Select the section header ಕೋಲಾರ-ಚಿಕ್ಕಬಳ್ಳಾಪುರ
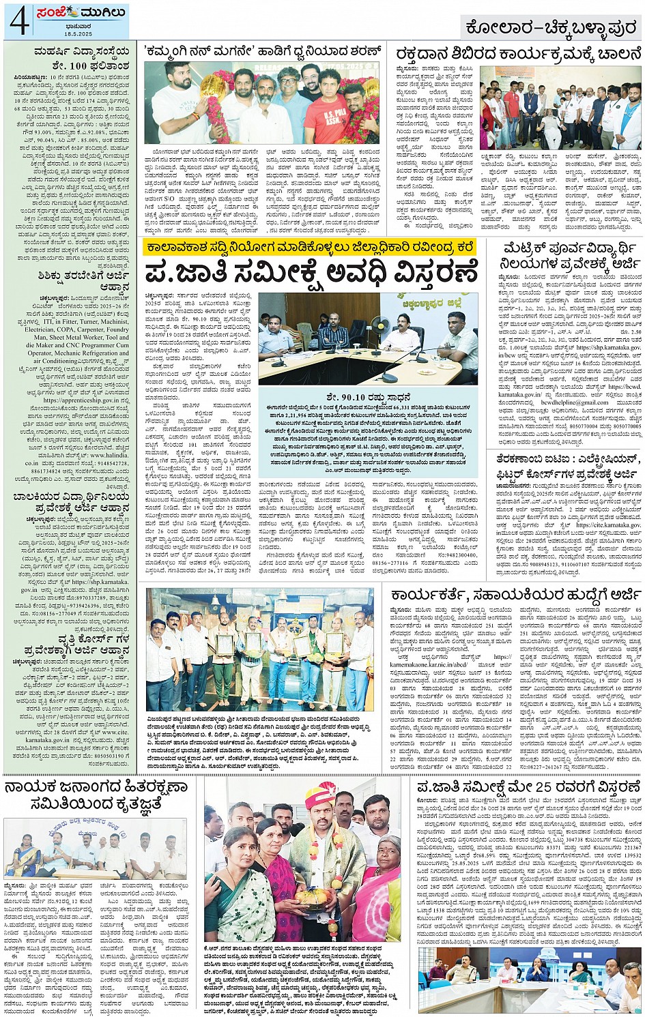550,28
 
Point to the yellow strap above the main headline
311,248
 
